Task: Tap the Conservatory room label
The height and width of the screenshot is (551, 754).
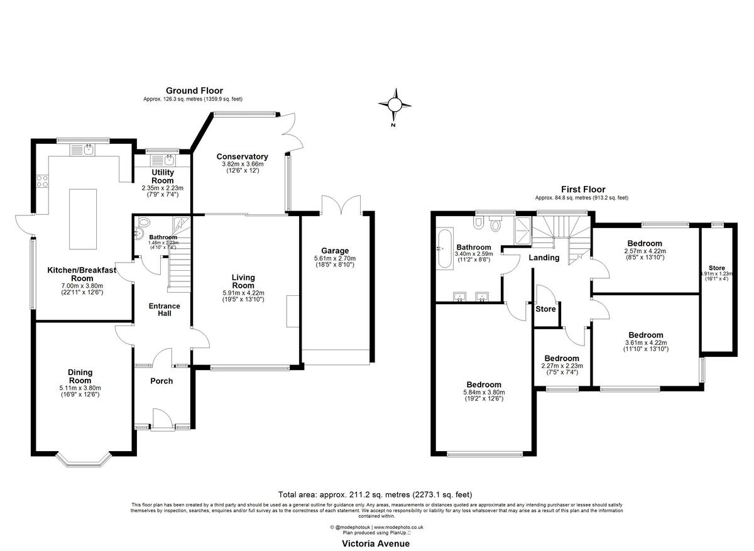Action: [x=242, y=156]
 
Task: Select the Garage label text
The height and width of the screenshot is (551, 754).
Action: [x=335, y=251]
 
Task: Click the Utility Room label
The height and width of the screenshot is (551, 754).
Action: [x=163, y=176]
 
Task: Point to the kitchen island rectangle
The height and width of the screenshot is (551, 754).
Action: [x=83, y=210]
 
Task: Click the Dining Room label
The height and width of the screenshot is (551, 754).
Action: [x=80, y=376]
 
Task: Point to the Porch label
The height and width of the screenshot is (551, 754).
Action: [x=161, y=381]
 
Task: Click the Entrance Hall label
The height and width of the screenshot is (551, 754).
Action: [x=164, y=310]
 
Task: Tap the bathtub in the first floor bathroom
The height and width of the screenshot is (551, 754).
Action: [x=444, y=249]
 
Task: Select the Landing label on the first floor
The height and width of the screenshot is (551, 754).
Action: [x=544, y=258]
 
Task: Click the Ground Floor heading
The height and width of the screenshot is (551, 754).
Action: [x=194, y=91]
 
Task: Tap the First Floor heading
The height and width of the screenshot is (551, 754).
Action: [x=582, y=189]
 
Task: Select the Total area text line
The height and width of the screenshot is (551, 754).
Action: [x=375, y=494]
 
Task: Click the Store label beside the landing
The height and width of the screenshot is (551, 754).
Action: [x=545, y=309]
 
